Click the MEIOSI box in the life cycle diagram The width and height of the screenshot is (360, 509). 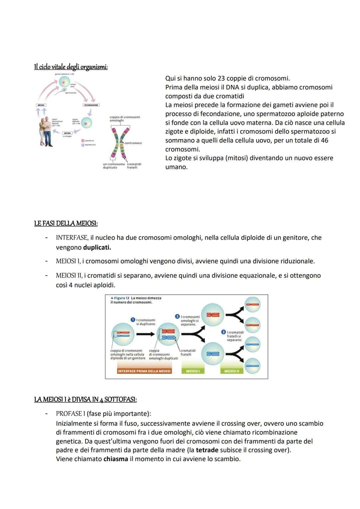[x=41, y=105]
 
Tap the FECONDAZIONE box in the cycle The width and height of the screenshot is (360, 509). [x=91, y=105]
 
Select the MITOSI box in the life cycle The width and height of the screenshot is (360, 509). [x=67, y=133]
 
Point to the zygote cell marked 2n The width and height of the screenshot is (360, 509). [x=86, y=123]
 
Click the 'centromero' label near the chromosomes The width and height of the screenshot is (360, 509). [x=133, y=143]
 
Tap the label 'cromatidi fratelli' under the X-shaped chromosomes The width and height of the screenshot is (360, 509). [x=134, y=166]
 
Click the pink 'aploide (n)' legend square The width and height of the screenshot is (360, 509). [x=83, y=141]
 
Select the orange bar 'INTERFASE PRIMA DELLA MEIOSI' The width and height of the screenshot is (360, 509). [x=144, y=371]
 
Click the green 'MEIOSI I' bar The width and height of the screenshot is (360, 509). [x=193, y=371]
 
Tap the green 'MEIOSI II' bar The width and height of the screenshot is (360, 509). [x=232, y=371]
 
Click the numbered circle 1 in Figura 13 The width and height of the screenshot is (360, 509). [x=133, y=320]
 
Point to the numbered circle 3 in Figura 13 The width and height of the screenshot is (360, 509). [x=223, y=332]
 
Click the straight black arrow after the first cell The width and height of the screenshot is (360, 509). [x=145, y=334]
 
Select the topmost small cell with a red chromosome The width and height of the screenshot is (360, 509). [x=252, y=304]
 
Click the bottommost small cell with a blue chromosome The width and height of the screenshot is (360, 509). [x=252, y=366]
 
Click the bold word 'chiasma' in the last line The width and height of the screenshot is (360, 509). [x=116, y=459]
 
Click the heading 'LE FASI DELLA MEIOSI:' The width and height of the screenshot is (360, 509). [x=66, y=223]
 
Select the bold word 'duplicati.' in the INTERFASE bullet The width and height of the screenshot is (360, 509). [x=97, y=247]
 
